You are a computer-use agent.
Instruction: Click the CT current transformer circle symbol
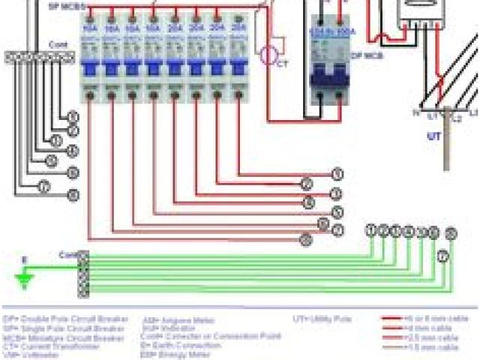tap(268, 55)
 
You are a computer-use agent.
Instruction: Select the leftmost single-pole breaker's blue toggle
tap(89, 68)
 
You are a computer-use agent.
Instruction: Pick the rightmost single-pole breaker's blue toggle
tap(239, 68)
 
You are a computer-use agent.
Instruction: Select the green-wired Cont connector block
tap(82, 274)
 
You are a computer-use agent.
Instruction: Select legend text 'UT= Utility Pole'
tap(322, 319)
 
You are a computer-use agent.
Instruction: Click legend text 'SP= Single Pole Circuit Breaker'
tap(64, 328)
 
